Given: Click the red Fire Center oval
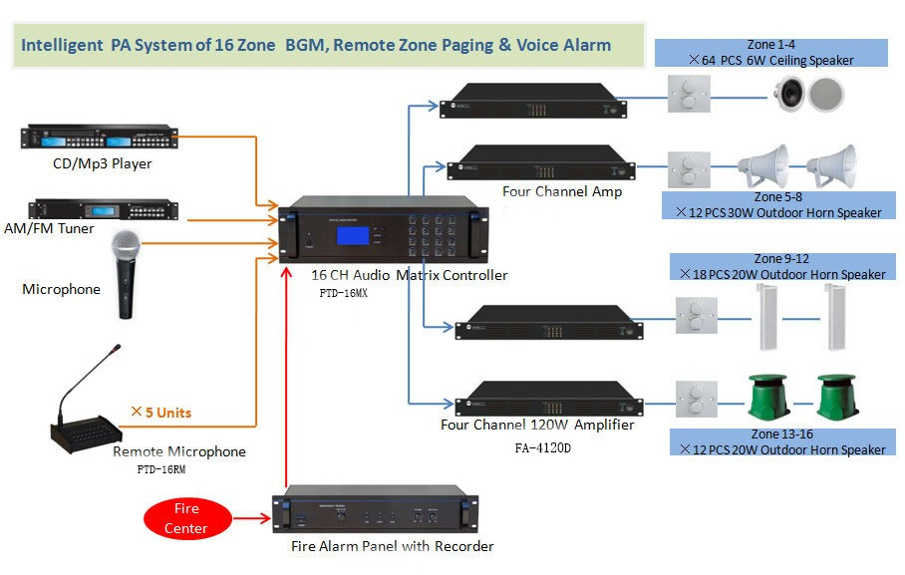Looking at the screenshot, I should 187,518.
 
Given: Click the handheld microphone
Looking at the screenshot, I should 127,273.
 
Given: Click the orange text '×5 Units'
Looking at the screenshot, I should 161,412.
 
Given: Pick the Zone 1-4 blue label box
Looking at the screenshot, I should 770,53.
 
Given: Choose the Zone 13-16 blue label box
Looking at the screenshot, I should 782,441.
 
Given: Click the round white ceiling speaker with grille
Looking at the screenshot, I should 826,95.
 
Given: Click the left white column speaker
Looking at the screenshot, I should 767,316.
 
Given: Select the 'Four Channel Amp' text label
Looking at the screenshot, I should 563,191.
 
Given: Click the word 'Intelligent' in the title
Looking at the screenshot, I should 63,45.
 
